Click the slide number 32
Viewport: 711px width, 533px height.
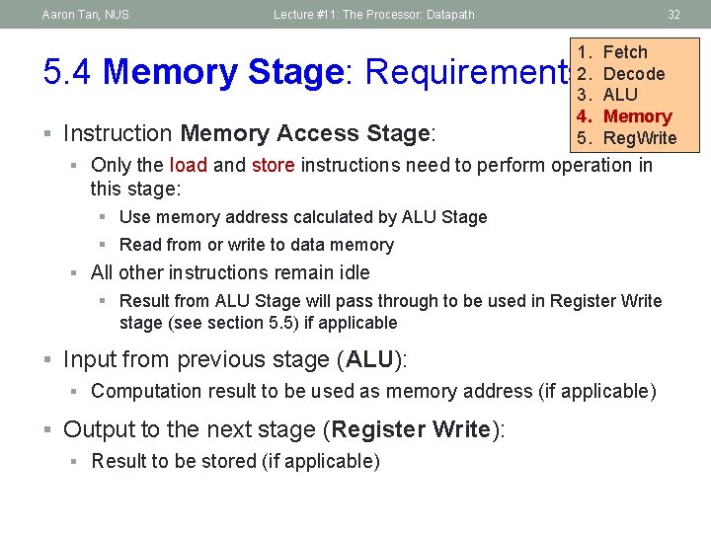[x=673, y=14]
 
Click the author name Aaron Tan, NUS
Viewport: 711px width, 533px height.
[x=86, y=14]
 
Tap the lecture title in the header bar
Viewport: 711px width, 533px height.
[x=374, y=14]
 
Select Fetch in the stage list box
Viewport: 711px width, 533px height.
[x=625, y=52]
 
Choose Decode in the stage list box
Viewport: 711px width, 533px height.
[x=633, y=74]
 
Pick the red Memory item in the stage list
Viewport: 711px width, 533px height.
[x=637, y=116]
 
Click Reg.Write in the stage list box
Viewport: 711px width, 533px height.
[x=639, y=138]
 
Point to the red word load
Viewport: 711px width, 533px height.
[x=188, y=165]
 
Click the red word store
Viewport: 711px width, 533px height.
[x=273, y=165]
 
